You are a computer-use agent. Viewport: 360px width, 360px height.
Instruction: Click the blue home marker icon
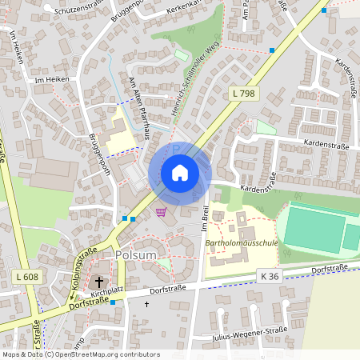pyautogui.click(x=179, y=173)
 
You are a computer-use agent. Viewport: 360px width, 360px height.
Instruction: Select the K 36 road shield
pyautogui.click(x=270, y=276)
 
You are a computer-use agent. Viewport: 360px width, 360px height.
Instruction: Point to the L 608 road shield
pyautogui.click(x=26, y=276)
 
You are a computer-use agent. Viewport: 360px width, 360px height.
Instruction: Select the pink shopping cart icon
pyautogui.click(x=162, y=212)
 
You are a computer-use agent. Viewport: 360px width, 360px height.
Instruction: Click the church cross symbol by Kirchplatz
pyautogui.click(x=100, y=282)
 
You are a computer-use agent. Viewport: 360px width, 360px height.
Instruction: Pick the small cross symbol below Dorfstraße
pyautogui.click(x=146, y=304)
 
